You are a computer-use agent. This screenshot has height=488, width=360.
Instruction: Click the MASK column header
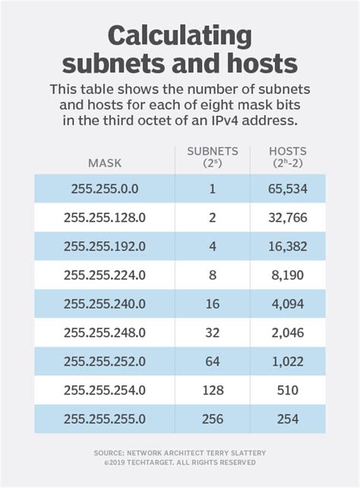point(105,162)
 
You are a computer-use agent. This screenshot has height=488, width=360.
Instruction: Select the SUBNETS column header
point(212,156)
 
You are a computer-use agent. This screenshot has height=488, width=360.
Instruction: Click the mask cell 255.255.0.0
point(105,189)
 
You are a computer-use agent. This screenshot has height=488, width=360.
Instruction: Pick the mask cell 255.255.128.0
point(105,217)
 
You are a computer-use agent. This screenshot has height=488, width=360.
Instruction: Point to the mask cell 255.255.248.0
point(105,332)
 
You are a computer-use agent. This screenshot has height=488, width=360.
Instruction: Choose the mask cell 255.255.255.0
point(105,419)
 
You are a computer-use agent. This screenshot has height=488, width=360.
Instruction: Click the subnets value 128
point(212,390)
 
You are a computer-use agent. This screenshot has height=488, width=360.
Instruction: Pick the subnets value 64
point(212,361)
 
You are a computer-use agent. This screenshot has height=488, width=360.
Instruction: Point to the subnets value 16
point(212,304)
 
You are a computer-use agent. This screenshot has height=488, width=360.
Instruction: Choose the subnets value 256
point(212,419)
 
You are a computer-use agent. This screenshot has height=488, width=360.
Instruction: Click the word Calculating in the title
point(180,35)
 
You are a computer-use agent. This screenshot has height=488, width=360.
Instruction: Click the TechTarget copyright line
point(180,462)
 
